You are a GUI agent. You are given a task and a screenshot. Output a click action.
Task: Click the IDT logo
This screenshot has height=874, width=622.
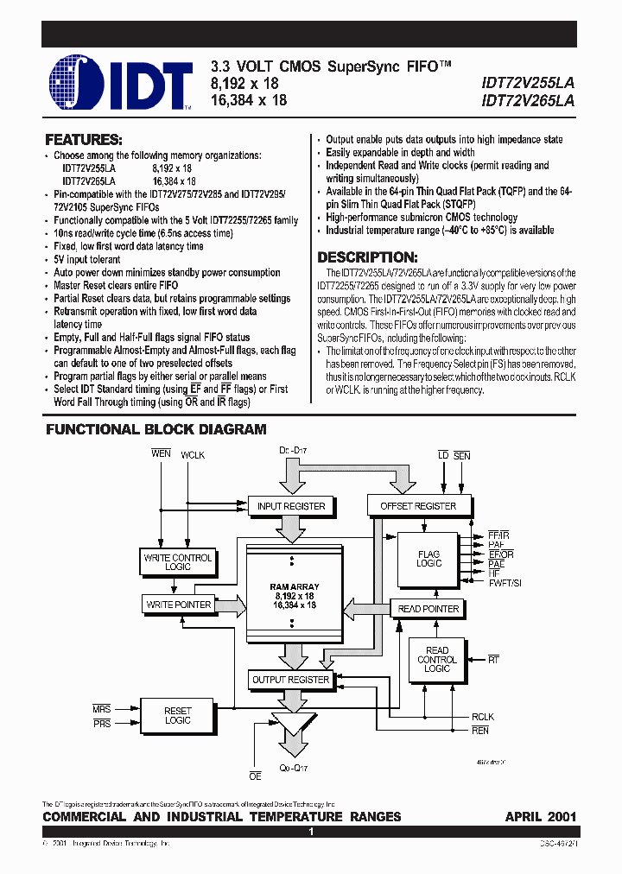click(120, 83)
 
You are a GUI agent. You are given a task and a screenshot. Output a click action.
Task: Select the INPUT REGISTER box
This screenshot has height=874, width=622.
click(291, 506)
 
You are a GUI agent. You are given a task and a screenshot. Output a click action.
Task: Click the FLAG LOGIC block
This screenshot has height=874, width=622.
click(428, 559)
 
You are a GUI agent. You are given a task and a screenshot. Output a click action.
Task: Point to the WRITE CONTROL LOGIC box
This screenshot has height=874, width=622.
click(178, 562)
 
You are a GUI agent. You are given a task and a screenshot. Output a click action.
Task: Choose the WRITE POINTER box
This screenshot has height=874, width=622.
click(178, 605)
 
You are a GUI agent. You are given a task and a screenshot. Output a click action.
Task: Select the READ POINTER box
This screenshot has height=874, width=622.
click(428, 609)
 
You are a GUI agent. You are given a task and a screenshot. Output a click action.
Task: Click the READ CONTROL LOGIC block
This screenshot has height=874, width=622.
click(437, 659)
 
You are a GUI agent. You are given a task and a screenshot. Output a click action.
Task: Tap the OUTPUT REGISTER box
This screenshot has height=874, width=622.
click(290, 680)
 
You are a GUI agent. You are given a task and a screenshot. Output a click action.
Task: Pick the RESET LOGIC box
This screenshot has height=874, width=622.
click(178, 715)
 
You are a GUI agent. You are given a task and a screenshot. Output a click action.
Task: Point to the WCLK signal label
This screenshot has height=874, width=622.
click(193, 454)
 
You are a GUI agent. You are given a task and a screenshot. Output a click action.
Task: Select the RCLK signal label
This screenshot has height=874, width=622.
click(483, 717)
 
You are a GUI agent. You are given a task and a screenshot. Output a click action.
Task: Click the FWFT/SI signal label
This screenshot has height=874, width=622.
click(505, 584)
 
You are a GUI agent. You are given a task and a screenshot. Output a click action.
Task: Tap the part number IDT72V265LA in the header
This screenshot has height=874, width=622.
click(528, 99)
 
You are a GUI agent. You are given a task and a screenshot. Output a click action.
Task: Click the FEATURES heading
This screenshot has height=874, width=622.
click(84, 139)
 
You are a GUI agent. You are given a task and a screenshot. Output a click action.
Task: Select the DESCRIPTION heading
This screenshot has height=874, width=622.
click(368, 257)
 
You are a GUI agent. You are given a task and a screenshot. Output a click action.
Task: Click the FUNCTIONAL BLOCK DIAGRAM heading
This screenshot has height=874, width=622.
click(155, 429)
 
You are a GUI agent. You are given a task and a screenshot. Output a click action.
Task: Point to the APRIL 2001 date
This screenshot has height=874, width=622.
click(541, 816)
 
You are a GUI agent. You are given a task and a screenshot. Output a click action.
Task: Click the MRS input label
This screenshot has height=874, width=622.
click(102, 709)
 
